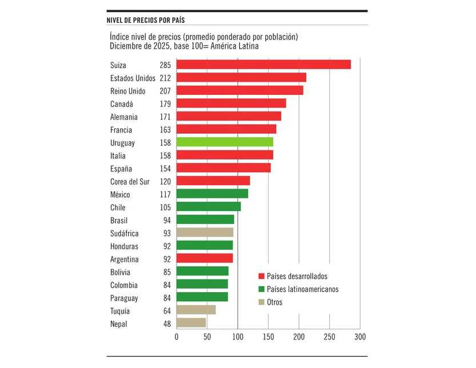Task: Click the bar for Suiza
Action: [263, 65]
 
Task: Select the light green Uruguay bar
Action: [225, 142]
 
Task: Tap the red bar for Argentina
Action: [205, 258]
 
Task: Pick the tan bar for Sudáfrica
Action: [205, 233]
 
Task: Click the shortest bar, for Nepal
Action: [191, 323]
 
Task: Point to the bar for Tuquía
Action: [196, 310]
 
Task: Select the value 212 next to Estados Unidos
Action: [165, 78]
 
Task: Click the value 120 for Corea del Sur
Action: [165, 182]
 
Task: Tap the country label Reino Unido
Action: [127, 91]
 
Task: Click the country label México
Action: [120, 195]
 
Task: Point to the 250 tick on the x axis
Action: [329, 337]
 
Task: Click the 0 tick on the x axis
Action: [177, 337]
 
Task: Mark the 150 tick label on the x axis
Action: [268, 337]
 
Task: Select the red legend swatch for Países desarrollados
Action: [261, 277]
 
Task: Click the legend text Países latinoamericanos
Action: [302, 289]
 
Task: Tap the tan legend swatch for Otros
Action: [261, 302]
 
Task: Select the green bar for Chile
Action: [209, 207]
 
